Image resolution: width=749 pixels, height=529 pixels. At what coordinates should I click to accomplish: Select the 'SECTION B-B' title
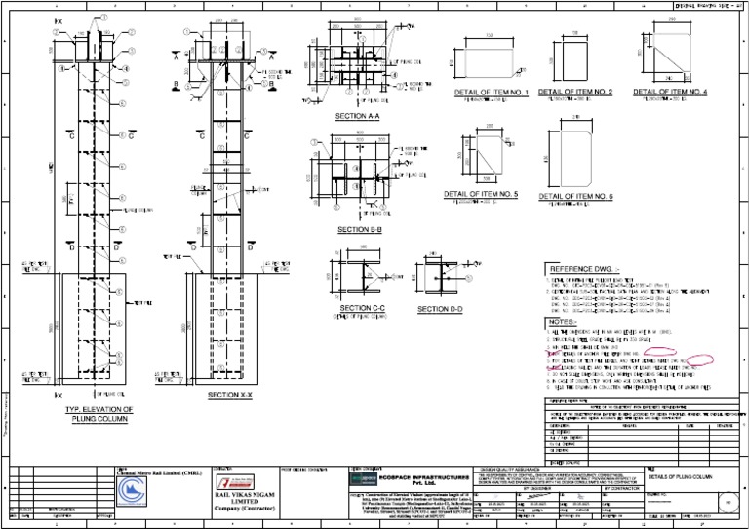(360, 229)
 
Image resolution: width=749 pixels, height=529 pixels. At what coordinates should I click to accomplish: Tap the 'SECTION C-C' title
(363, 309)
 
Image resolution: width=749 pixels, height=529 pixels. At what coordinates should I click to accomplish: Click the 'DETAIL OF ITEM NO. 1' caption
(491, 93)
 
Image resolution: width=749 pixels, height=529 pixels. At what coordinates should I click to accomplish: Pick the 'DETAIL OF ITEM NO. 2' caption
(575, 93)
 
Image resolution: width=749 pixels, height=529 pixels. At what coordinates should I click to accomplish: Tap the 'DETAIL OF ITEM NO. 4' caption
(670, 93)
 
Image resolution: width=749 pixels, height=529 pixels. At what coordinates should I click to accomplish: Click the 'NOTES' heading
(564, 321)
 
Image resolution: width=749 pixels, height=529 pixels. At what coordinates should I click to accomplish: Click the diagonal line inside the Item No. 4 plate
(670, 58)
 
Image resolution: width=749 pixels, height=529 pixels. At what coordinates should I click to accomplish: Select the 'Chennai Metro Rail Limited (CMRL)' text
(156, 472)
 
